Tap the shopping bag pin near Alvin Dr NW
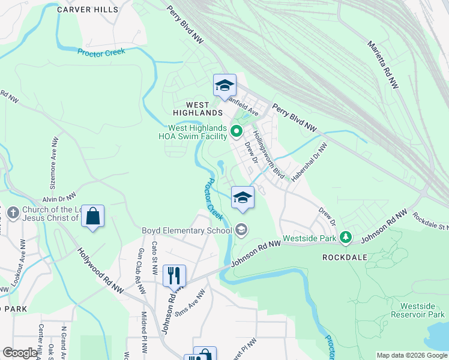tap(93, 217)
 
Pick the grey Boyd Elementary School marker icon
tap(241, 230)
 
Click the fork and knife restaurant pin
tap(174, 276)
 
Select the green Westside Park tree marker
tap(345, 238)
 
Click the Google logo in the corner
tap(20, 353)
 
